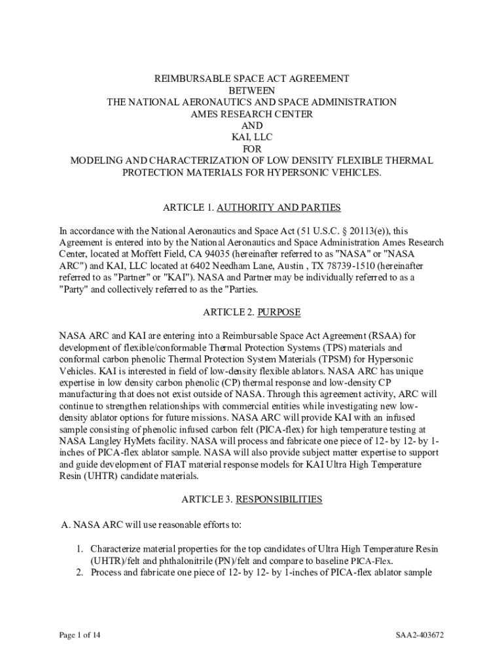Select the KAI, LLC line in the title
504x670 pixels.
[x=252, y=137]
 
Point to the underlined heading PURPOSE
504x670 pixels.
[x=278, y=313]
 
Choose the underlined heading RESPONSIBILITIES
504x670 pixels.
[x=279, y=500]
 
